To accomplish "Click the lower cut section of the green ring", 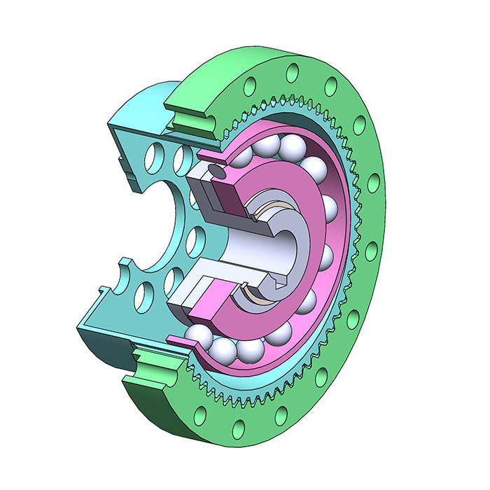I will pyautogui.click(x=150, y=371).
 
